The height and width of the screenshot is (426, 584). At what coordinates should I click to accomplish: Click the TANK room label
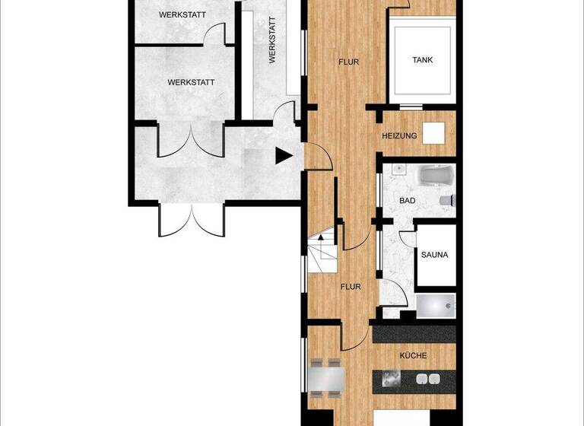coord(422,60)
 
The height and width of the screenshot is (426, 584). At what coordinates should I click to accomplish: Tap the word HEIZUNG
coord(399,136)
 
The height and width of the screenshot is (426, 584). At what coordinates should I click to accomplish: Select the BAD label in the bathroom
coord(408,201)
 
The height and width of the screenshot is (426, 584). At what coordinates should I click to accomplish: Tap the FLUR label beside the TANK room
coord(348,62)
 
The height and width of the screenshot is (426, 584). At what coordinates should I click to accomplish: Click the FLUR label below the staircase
coord(351,287)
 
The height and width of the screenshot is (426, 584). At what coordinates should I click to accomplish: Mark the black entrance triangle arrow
coord(283,156)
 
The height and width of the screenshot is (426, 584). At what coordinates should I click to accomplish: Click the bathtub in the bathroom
coord(436,176)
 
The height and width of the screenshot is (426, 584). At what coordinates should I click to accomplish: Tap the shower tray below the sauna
coord(436,306)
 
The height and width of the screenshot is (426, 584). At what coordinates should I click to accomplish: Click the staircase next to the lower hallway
coord(322,253)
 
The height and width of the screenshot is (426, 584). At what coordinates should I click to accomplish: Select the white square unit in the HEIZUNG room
coord(433,134)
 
